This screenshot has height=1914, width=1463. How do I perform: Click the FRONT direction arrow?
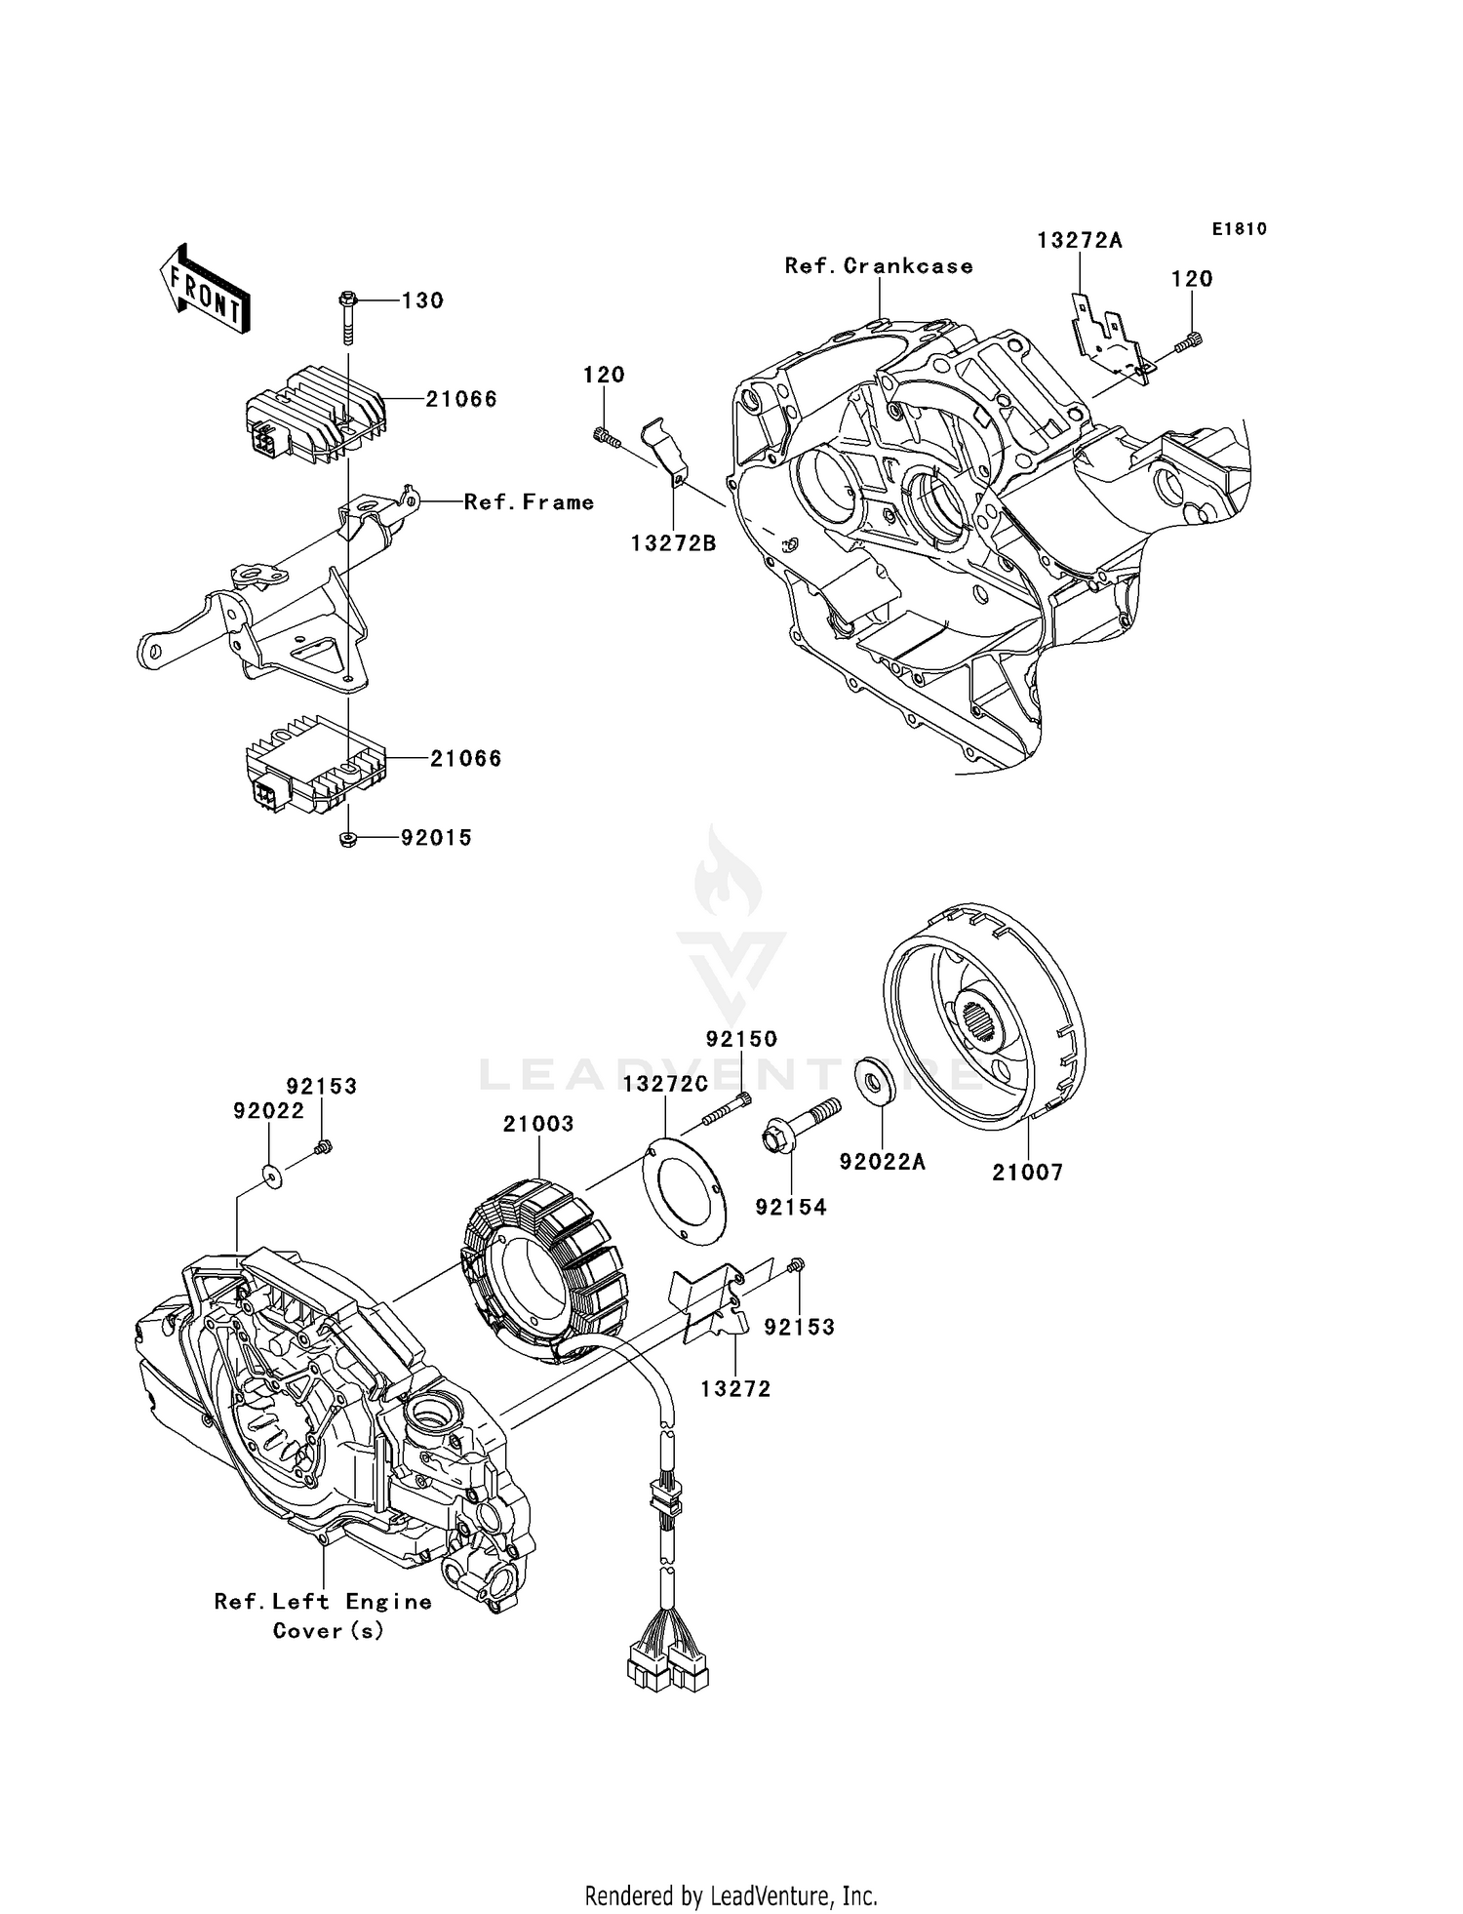click(x=204, y=289)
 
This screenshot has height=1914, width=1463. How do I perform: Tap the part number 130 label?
click(x=422, y=300)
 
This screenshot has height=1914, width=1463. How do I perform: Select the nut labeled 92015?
click(x=347, y=839)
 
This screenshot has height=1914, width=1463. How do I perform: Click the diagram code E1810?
click(x=1239, y=229)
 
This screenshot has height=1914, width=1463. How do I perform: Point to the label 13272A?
click(x=1079, y=241)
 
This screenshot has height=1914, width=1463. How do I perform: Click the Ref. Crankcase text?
click(x=879, y=266)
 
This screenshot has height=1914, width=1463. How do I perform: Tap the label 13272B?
click(x=673, y=544)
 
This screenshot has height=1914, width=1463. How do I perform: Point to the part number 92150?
click(x=741, y=1040)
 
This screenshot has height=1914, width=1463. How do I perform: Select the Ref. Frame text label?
click(x=529, y=502)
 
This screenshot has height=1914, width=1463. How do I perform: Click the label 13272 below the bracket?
click(x=735, y=1389)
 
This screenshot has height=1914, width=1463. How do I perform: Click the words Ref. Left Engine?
click(x=323, y=1602)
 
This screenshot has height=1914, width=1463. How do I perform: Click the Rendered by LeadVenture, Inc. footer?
click(x=731, y=1895)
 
